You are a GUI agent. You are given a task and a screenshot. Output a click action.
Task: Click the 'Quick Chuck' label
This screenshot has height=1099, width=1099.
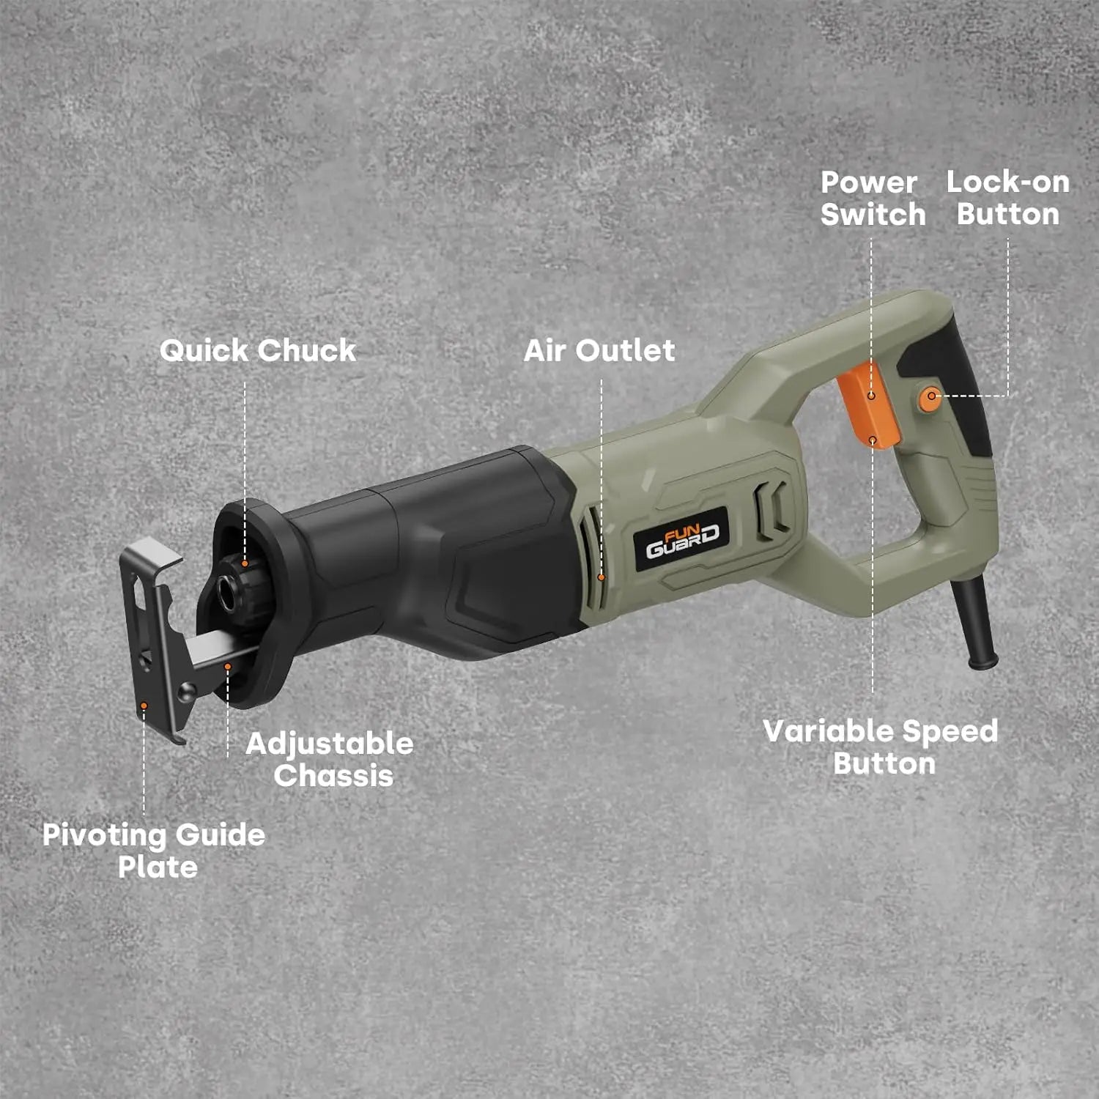coord(258,350)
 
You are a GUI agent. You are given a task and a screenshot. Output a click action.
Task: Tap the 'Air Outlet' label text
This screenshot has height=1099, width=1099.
coord(599,350)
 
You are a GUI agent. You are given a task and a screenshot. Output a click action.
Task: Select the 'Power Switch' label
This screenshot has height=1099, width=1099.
coord(873,199)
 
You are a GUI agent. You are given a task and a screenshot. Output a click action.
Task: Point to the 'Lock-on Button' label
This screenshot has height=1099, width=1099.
coord(1008,198)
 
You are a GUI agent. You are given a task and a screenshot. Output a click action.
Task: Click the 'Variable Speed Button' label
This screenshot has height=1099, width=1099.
coord(881,747)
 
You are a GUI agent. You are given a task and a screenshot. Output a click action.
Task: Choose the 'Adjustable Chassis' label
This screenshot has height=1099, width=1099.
coord(330,760)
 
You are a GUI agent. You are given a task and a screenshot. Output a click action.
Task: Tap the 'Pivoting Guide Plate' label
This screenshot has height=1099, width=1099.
coord(154,851)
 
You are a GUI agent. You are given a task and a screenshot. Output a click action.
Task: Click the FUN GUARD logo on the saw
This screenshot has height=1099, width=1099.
coord(682,540)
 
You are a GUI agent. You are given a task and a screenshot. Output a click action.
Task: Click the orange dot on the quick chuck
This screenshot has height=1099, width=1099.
coord(245,563)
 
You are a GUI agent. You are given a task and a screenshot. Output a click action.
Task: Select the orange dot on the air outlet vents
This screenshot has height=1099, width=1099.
coord(602,577)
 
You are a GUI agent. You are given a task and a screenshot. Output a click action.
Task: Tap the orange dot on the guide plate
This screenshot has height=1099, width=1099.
coord(144,706)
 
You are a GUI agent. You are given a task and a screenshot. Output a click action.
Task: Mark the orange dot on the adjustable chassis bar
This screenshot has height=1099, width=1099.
coord(228,667)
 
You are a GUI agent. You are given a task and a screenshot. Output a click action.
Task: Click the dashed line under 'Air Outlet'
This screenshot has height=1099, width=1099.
coord(602,476)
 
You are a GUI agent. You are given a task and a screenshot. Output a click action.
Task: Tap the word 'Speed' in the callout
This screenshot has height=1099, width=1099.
coord(950,732)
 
